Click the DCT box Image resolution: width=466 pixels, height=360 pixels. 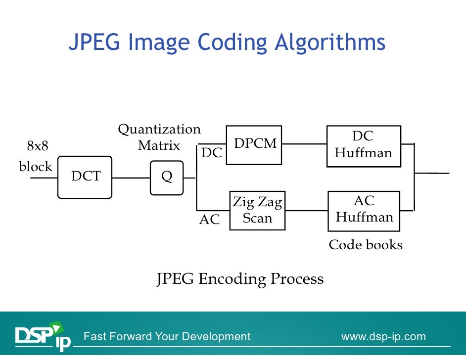click(85, 177)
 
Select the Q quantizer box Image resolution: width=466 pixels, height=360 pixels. click(167, 178)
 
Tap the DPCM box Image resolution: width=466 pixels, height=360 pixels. click(254, 144)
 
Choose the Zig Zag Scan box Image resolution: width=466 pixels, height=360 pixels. click(257, 211)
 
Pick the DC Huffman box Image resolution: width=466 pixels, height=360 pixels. click(364, 146)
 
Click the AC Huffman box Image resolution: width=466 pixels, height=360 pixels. click(364, 211)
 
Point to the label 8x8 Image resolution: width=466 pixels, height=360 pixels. click(38, 146)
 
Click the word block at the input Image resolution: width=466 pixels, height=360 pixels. click(36, 167)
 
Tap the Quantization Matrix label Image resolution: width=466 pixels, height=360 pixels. click(159, 137)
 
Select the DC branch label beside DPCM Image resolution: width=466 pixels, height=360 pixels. click(212, 153)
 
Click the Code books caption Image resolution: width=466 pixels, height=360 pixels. click(366, 245)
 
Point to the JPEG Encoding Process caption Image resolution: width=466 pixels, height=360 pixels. click(240, 279)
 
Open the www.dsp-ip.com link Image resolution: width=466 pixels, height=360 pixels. click(383, 337)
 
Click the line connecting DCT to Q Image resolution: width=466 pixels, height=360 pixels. click(131, 178)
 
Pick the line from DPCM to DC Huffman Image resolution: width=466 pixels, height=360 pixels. click(304, 144)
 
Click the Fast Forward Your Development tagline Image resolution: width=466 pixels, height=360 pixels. click(167, 337)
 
